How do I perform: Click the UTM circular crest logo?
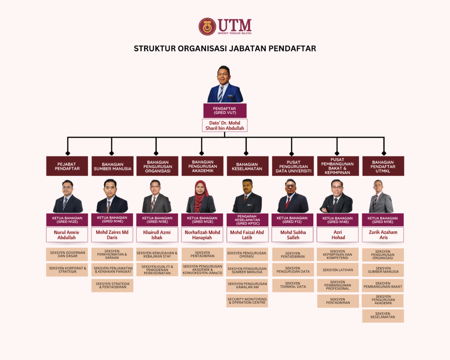pyautogui.click(x=207, y=26)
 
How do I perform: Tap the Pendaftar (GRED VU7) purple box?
pyautogui.click(x=225, y=110)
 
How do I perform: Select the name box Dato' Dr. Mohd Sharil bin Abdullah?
pyautogui.click(x=225, y=125)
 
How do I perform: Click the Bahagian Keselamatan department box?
pyautogui.click(x=247, y=166)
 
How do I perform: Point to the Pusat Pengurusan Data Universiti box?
pyautogui.click(x=292, y=166)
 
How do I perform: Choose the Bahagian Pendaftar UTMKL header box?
pyautogui.click(x=383, y=166)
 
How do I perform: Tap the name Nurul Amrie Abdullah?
pyautogui.click(x=67, y=235)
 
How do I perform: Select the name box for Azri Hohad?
pyautogui.click(x=337, y=235)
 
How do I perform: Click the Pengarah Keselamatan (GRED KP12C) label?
pyautogui.click(x=247, y=220)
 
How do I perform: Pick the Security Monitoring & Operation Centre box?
pyautogui.click(x=247, y=301)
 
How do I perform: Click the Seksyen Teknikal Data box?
pyautogui.click(x=292, y=285)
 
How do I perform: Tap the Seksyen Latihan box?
pyautogui.click(x=337, y=270)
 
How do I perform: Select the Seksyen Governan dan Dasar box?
pyautogui.click(x=67, y=255)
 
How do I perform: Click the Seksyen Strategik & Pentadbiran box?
pyautogui.click(x=112, y=285)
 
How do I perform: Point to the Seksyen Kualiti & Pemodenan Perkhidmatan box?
pyautogui.click(x=157, y=269)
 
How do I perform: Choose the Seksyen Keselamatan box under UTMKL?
pyautogui.click(x=383, y=316)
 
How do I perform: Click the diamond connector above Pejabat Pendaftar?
pyautogui.click(x=68, y=153)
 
